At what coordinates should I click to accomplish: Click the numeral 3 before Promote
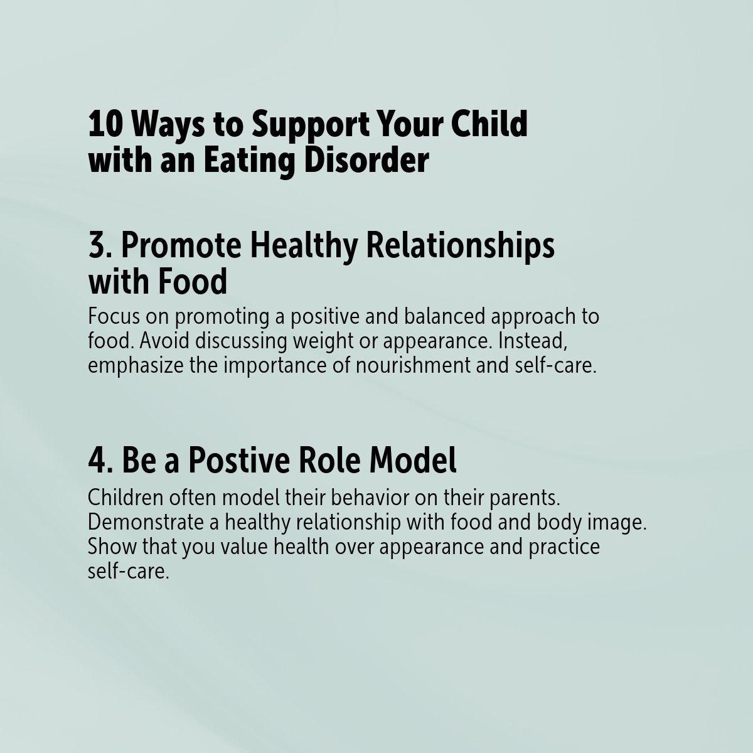(97, 247)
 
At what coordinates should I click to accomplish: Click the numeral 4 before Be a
(97, 462)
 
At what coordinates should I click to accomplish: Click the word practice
(563, 547)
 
